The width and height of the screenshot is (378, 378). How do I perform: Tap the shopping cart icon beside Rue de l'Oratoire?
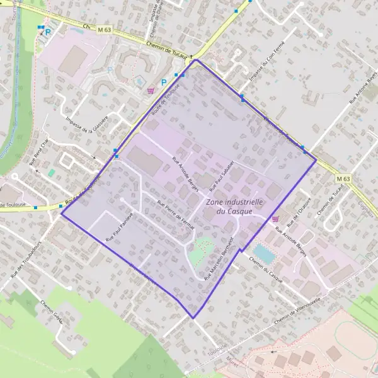(x=275, y=218)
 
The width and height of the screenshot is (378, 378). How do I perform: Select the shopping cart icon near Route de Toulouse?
(x=150, y=90)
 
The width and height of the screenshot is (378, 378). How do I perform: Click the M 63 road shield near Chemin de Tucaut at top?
(x=105, y=29)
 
